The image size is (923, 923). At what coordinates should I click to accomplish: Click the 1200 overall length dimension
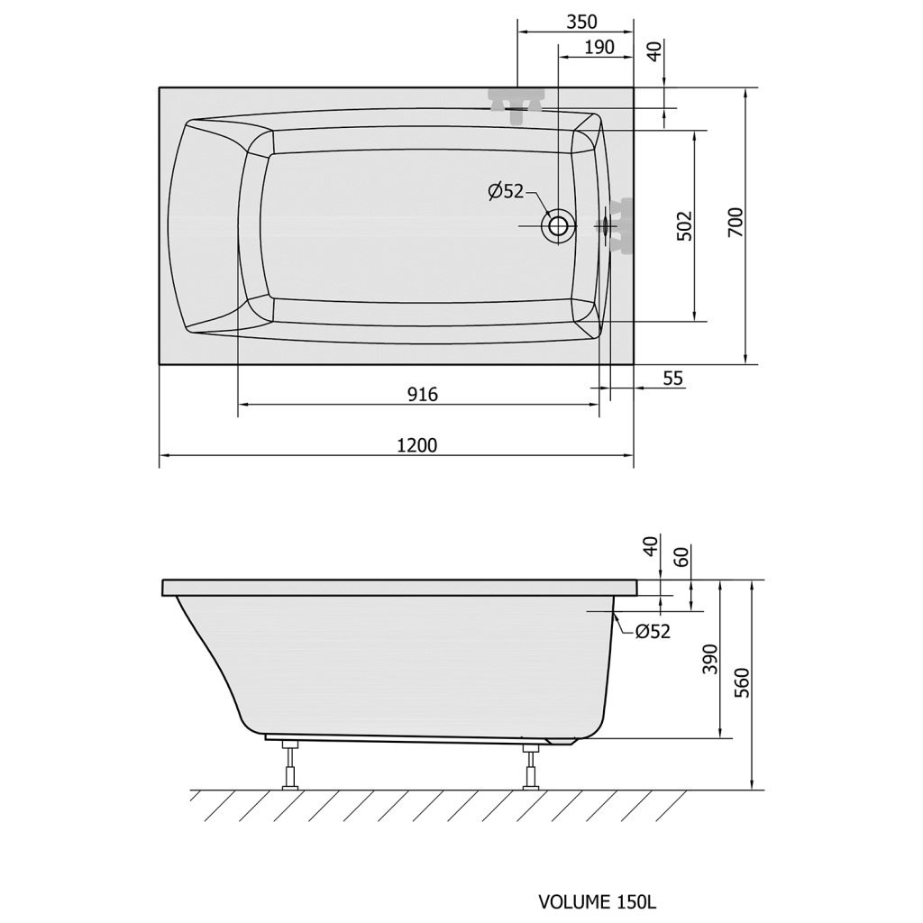[416, 445]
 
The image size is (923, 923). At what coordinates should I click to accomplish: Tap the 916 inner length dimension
[423, 395]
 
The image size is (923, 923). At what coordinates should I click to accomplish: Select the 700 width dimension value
[736, 223]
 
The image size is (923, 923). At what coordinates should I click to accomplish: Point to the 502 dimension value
[685, 225]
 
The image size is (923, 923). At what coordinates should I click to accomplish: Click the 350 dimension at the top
[581, 22]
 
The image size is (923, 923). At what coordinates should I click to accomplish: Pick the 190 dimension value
[599, 47]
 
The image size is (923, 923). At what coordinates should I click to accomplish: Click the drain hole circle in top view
[558, 225]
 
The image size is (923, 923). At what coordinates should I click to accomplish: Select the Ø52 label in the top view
[506, 191]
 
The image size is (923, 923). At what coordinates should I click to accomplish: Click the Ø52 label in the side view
[653, 631]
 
